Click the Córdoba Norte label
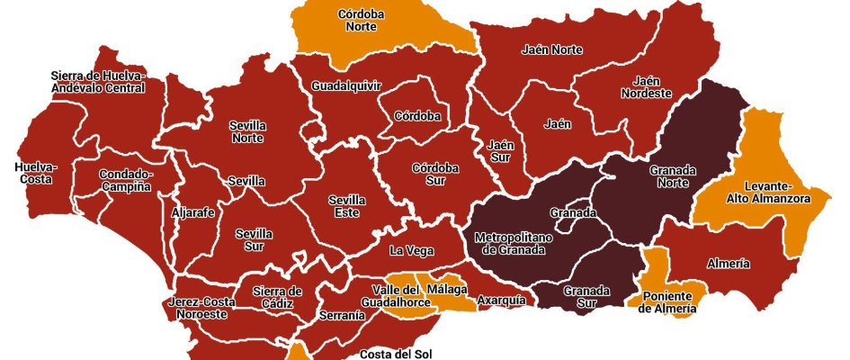tap(362, 21)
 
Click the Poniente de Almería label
tap(667, 301)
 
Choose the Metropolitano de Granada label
tap(509, 243)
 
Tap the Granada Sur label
tap(586, 297)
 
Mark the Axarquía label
tap(501, 300)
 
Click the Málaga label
tap(447, 290)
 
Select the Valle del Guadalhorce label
tap(396, 296)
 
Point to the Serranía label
tap(342, 316)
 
